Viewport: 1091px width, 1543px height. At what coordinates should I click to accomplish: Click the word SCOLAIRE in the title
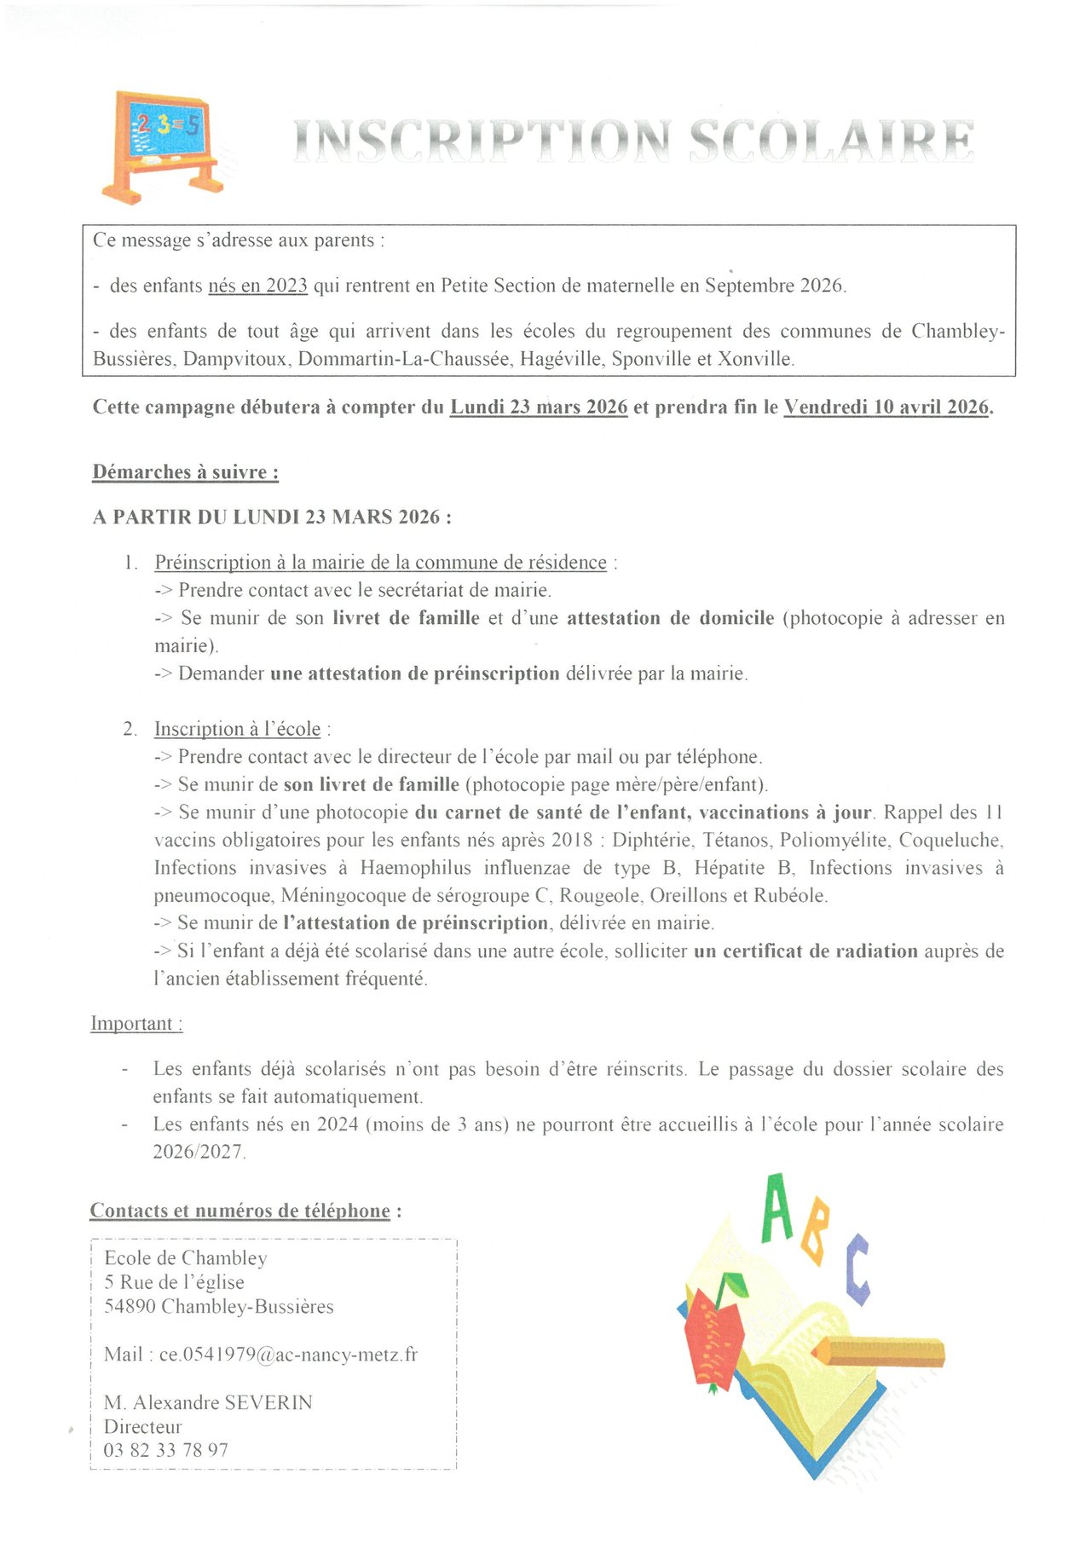tap(831, 141)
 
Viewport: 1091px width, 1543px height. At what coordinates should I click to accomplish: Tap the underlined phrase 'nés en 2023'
tap(257, 286)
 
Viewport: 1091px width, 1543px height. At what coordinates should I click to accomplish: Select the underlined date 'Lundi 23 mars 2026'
tap(539, 407)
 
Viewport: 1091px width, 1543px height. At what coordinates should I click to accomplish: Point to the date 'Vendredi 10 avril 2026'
tap(886, 407)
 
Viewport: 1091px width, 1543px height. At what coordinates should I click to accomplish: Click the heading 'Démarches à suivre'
tap(185, 472)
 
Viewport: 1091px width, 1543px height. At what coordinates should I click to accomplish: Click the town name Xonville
tap(755, 359)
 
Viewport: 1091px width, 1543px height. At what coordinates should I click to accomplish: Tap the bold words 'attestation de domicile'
tap(671, 618)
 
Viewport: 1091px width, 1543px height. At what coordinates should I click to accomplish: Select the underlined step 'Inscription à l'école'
tap(237, 729)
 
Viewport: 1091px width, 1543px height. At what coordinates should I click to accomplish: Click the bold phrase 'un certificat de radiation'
tap(805, 951)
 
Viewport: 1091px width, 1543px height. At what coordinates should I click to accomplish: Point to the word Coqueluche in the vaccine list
tap(950, 841)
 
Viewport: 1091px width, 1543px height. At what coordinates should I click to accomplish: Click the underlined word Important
tap(136, 1024)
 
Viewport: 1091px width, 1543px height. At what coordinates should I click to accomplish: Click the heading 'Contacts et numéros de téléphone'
tap(240, 1211)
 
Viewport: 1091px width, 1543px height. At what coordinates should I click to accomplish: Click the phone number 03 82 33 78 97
tap(166, 1450)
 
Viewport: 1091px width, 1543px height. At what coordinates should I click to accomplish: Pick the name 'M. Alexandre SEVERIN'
tap(208, 1402)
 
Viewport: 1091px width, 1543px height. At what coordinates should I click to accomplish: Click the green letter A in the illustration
tap(777, 1208)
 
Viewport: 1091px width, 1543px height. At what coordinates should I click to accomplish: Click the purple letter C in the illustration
tap(858, 1269)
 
